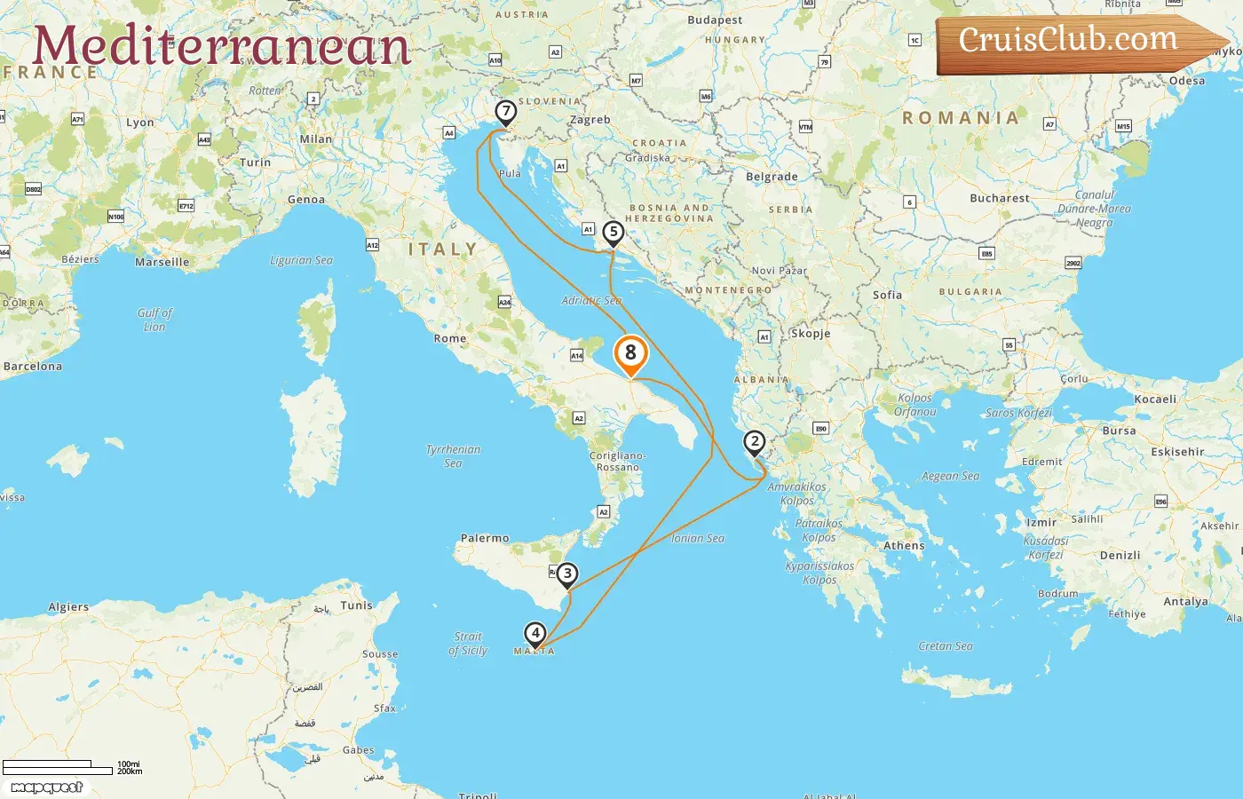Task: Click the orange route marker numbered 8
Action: click(630, 353)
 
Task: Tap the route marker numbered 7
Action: click(505, 112)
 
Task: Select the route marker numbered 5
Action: click(613, 233)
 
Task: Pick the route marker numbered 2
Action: click(754, 442)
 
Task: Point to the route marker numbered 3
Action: click(567, 574)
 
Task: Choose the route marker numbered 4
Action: click(534, 634)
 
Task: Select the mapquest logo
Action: click(47, 787)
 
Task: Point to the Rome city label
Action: click(450, 338)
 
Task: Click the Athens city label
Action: click(904, 546)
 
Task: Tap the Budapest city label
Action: click(715, 20)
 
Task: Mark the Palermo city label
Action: click(485, 538)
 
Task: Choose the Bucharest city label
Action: click(1000, 198)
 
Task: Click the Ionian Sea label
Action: click(698, 538)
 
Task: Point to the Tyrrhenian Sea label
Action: click(453, 455)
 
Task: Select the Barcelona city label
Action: click(33, 366)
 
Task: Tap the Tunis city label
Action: click(356, 605)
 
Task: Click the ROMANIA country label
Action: click(961, 117)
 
